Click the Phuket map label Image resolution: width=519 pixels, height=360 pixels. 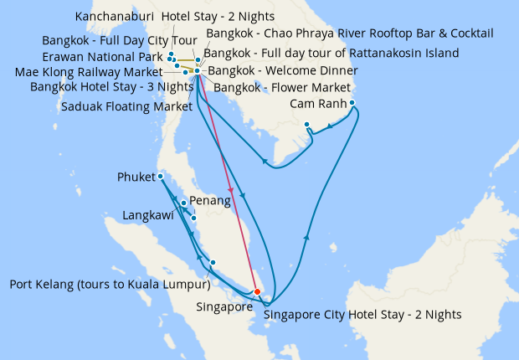click(x=136, y=177)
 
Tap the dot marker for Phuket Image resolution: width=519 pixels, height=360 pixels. click(x=160, y=176)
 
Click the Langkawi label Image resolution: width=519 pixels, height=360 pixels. click(x=148, y=215)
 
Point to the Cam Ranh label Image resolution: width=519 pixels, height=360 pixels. click(x=317, y=104)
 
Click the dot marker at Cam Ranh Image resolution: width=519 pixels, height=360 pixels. click(x=352, y=103)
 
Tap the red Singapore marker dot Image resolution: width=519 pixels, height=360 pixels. click(x=257, y=291)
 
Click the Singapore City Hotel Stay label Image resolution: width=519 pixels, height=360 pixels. click(x=362, y=316)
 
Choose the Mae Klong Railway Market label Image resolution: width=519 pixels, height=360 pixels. click(x=88, y=71)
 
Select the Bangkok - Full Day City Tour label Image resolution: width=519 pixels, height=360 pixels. click(x=118, y=40)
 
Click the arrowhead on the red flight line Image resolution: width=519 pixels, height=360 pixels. click(x=230, y=192)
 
